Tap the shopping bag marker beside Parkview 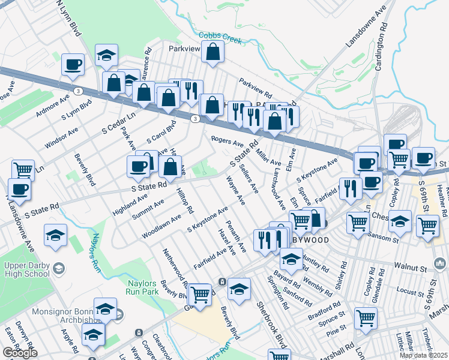[x=213, y=53]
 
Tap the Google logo [x=20, y=353]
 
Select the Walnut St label [x=409, y=265]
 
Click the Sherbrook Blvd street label [x=274, y=324]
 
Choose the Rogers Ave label [x=227, y=142]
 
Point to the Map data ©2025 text [x=423, y=355]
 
